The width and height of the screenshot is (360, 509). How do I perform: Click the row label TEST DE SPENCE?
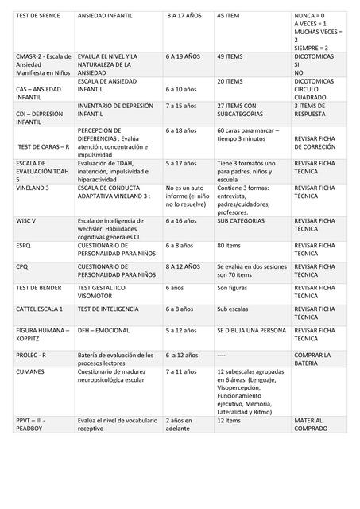37,16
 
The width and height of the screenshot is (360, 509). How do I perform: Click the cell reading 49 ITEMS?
230,58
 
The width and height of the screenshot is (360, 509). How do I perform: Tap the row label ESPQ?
23,246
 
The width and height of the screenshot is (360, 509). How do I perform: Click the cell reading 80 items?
229,246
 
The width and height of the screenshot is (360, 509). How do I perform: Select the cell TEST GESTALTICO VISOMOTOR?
103,292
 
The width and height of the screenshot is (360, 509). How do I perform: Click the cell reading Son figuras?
233,287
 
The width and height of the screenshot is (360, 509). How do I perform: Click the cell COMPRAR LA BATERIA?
312,359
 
